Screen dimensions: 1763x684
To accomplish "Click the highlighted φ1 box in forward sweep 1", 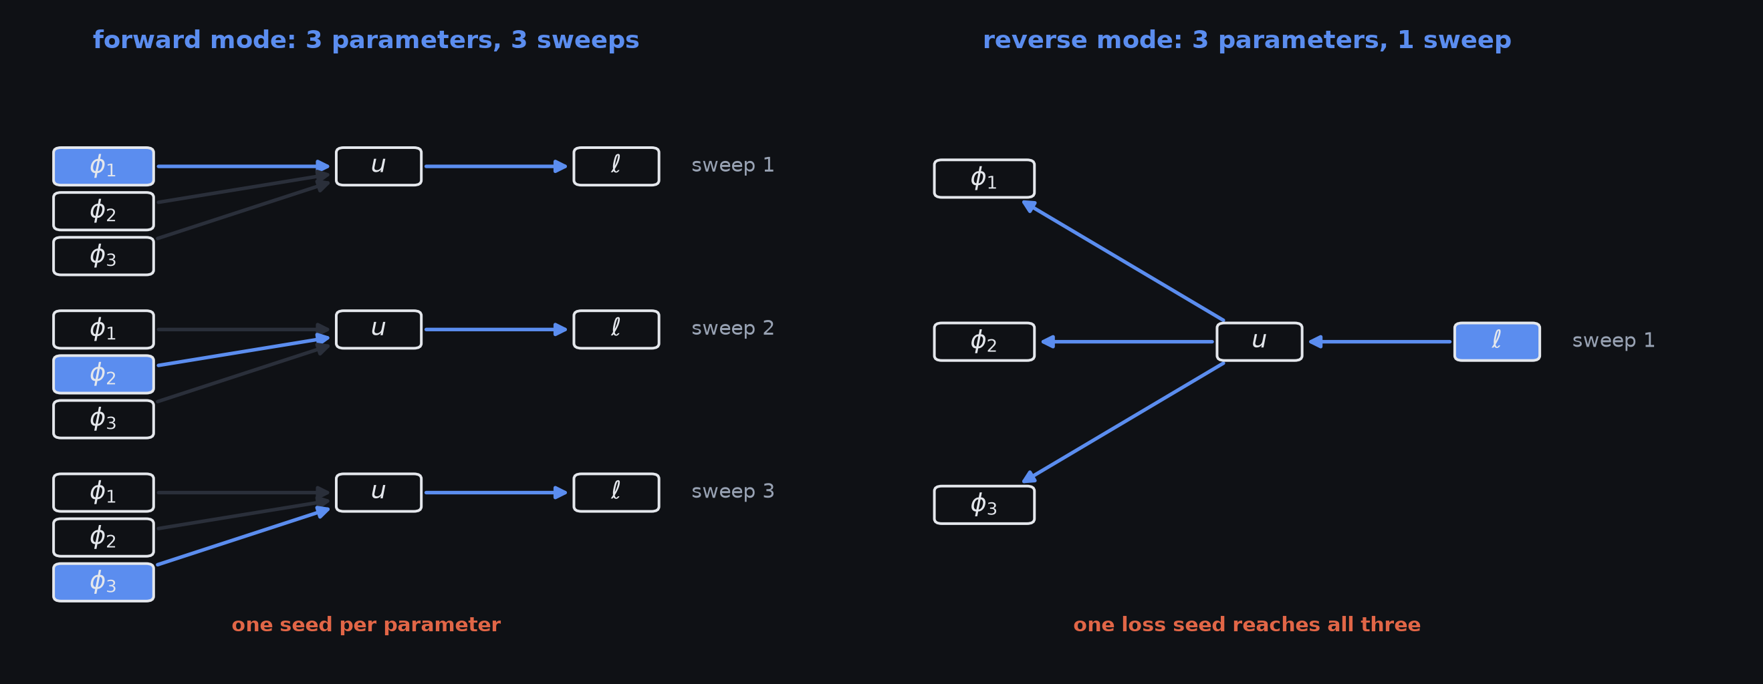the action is (104, 166).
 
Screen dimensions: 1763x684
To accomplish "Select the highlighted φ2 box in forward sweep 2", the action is (104, 374).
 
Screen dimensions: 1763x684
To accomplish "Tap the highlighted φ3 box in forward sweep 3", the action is (104, 582).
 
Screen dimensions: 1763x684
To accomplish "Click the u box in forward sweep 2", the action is (378, 329).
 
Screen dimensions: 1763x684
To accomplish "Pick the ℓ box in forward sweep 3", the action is (616, 492).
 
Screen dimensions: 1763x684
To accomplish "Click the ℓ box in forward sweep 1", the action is (616, 166).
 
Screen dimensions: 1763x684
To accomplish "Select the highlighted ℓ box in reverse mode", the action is (1497, 341).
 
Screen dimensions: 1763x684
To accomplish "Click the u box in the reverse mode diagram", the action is (1260, 341).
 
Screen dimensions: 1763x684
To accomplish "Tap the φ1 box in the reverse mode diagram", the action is (984, 178).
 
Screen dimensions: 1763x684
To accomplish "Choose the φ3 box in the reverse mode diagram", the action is (984, 505).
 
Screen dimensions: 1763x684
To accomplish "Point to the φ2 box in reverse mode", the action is (984, 341).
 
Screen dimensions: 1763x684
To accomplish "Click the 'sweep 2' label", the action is (732, 329).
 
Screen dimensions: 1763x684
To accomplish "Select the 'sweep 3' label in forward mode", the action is (732, 491).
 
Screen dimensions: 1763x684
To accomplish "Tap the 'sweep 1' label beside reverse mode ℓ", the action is (1613, 341).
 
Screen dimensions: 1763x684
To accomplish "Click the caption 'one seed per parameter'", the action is (366, 625).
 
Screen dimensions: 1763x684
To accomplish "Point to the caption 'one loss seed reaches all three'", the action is (1247, 625).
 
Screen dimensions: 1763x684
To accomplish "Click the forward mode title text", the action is (366, 40).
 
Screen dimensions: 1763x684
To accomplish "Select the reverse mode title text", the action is (1247, 40).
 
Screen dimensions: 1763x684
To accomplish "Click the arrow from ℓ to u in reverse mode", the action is (1380, 341).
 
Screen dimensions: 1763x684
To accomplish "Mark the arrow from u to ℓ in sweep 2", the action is (496, 329).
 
